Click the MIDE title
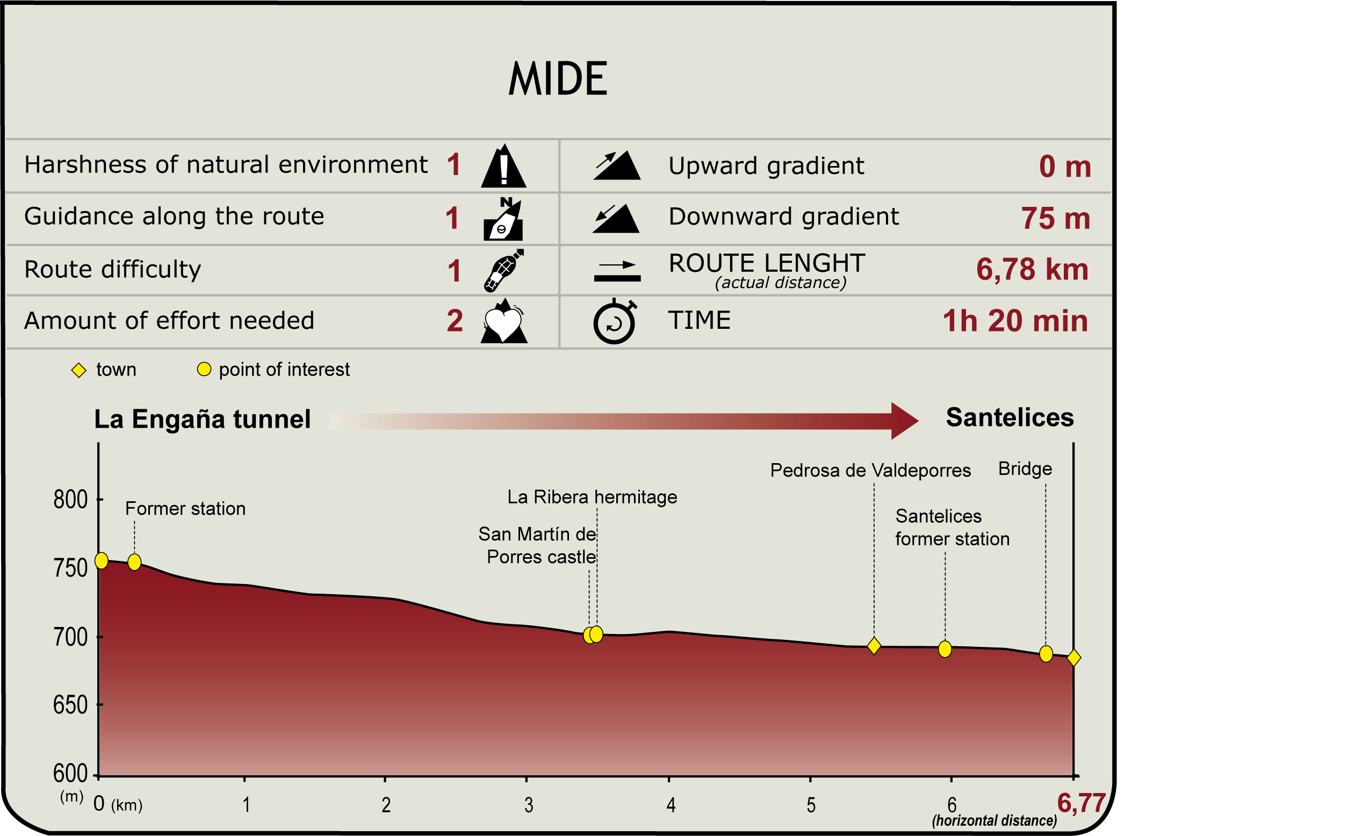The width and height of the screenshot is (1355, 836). pyautogui.click(x=557, y=78)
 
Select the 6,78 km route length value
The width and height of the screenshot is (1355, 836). pyautogui.click(x=1032, y=269)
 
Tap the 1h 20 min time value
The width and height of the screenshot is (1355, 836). pyautogui.click(x=1015, y=321)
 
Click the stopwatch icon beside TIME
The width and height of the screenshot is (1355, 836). pyautogui.click(x=614, y=322)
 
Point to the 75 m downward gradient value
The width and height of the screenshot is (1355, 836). pyautogui.click(x=1055, y=218)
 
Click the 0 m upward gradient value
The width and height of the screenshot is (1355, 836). pyautogui.click(x=1065, y=167)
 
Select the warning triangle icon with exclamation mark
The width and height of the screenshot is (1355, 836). pyautogui.click(x=503, y=167)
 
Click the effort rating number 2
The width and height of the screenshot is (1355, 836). pyautogui.click(x=455, y=321)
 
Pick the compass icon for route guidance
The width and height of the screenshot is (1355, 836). pyautogui.click(x=503, y=220)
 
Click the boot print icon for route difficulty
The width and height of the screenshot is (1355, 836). pyautogui.click(x=503, y=270)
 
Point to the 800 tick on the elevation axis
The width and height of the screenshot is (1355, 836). pyautogui.click(x=71, y=500)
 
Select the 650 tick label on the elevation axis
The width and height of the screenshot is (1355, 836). pyautogui.click(x=71, y=705)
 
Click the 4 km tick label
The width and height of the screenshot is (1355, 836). pyautogui.click(x=671, y=805)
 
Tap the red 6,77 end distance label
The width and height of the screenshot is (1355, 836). pyautogui.click(x=1081, y=803)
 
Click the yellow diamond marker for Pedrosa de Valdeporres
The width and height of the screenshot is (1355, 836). pyautogui.click(x=874, y=646)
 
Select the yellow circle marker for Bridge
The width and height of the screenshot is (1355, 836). pyautogui.click(x=1046, y=654)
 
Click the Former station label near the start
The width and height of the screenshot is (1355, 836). pyautogui.click(x=185, y=509)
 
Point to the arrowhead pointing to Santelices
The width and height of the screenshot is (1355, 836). pyautogui.click(x=904, y=421)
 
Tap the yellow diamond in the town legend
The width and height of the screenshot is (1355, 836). pyautogui.click(x=79, y=370)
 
